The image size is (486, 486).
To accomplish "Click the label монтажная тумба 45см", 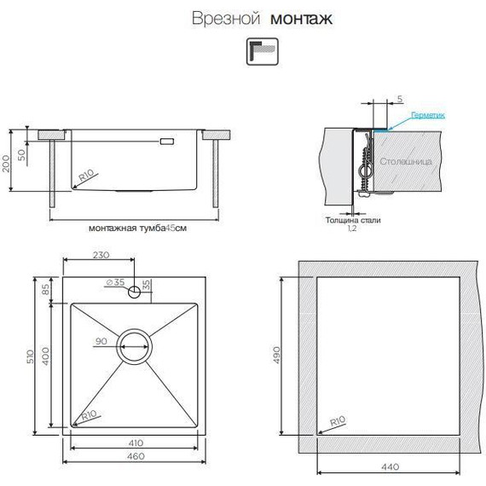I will coord(136,229).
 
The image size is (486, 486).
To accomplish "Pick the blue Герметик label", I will coord(428,114).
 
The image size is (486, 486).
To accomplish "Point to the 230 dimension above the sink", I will coord(100,255).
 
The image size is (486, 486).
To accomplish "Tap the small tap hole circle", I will coord(136,292).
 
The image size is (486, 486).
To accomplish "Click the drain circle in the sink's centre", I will coord(136,344).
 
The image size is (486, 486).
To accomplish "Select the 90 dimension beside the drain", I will coord(100,343).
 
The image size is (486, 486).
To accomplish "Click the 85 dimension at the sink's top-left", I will coord(44,289).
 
